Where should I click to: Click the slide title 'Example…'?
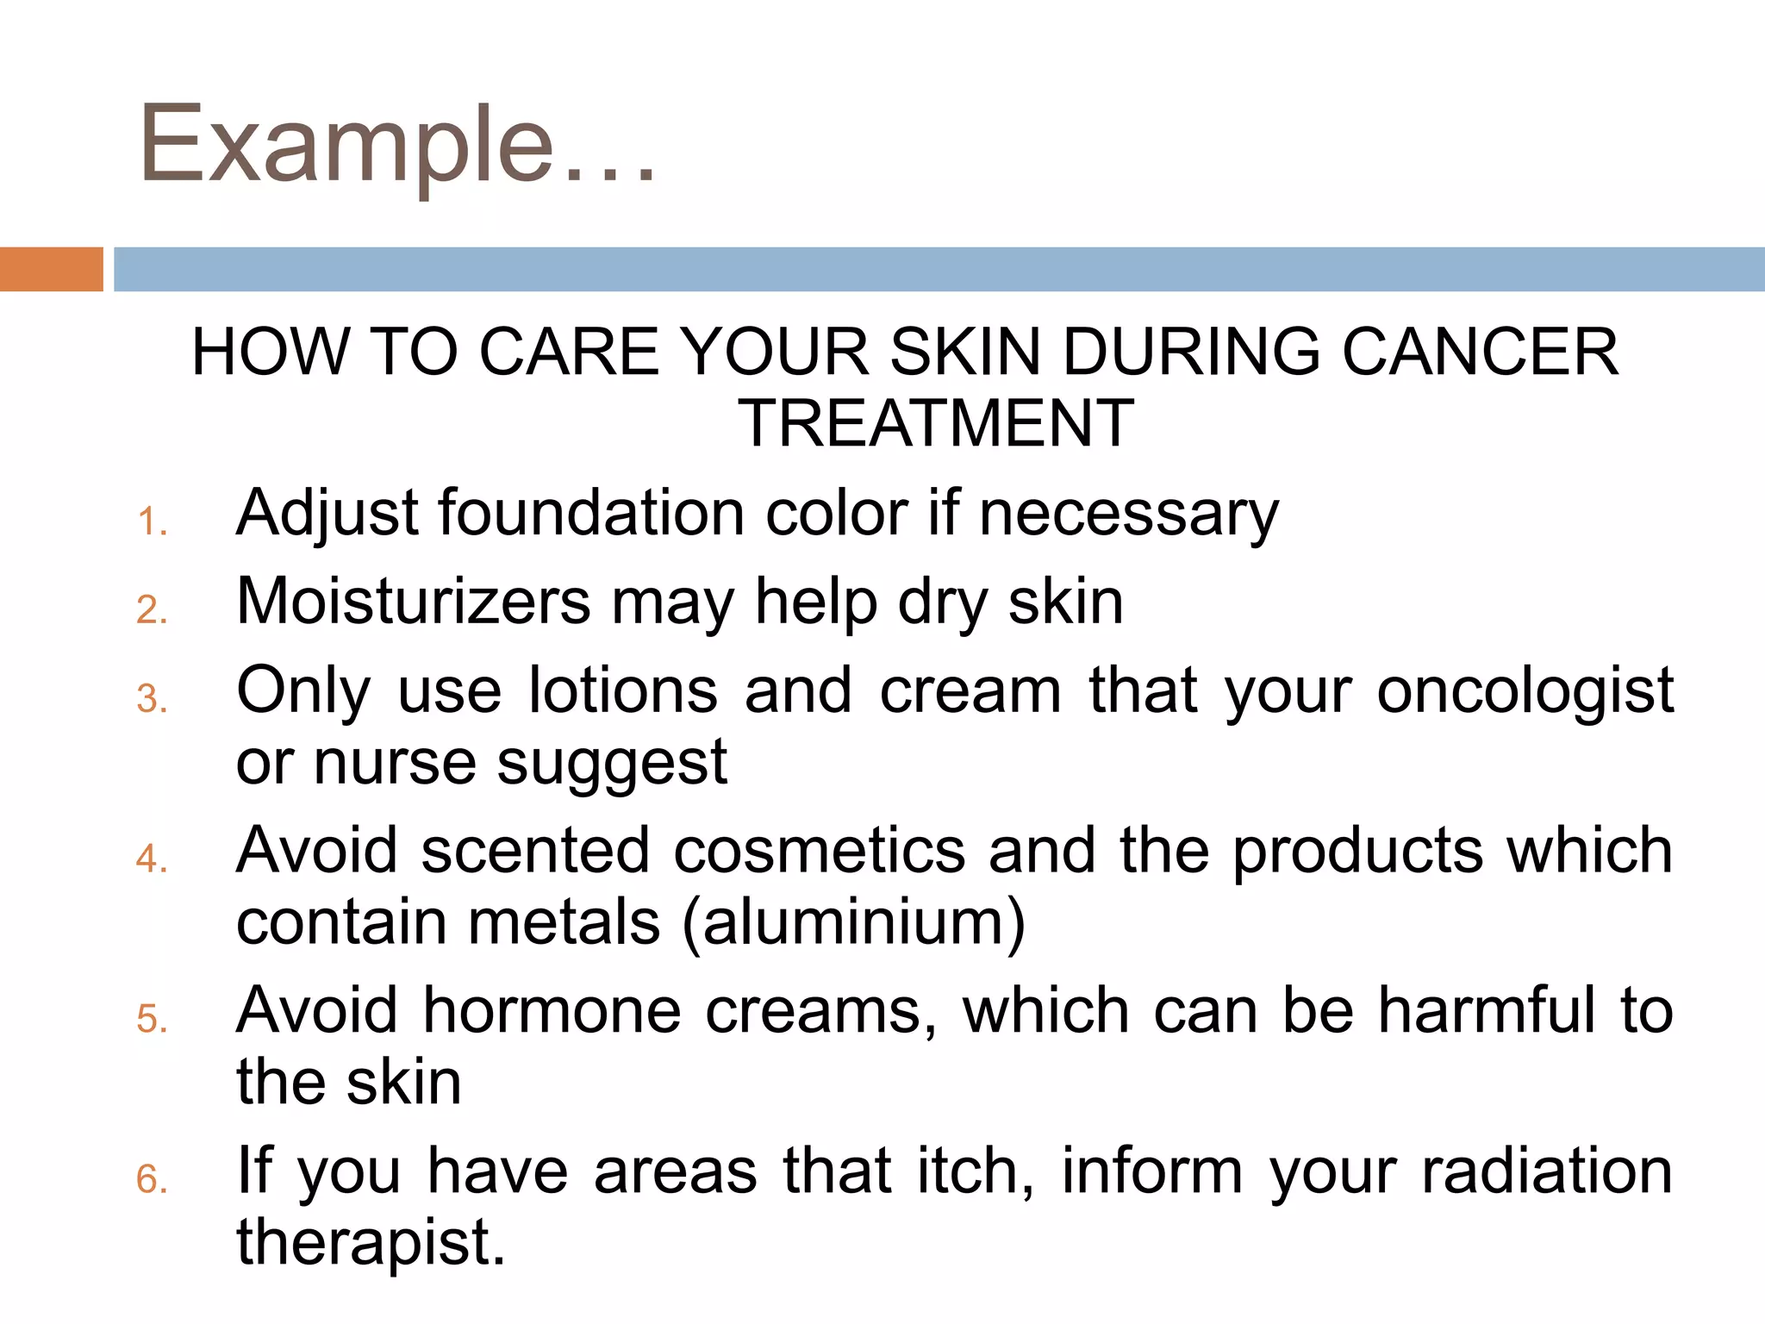[397, 145]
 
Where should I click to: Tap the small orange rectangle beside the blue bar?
[51, 269]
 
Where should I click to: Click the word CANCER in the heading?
[1480, 353]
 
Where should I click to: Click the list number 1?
[152, 522]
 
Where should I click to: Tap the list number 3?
[152, 698]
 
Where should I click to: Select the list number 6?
[152, 1179]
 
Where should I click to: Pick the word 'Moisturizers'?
[414, 602]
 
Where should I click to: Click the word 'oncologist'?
[1525, 691]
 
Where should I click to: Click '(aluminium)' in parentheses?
[854, 923]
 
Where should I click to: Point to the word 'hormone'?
[552, 1011]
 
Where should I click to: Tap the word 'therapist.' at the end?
[371, 1243]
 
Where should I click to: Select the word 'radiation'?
[1547, 1171]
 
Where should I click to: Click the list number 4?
[152, 859]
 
